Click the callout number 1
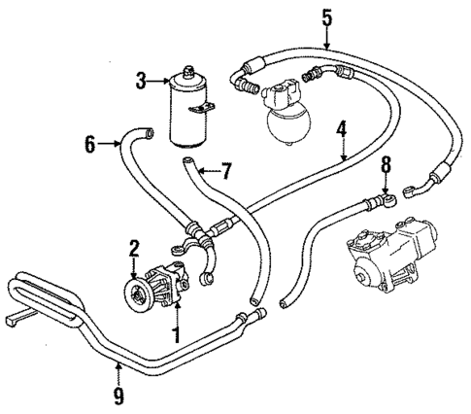pos(177,336)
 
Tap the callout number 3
pos(142,81)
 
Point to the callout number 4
pos(342,127)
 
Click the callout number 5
pos(326,17)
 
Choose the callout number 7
pos(225,172)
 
